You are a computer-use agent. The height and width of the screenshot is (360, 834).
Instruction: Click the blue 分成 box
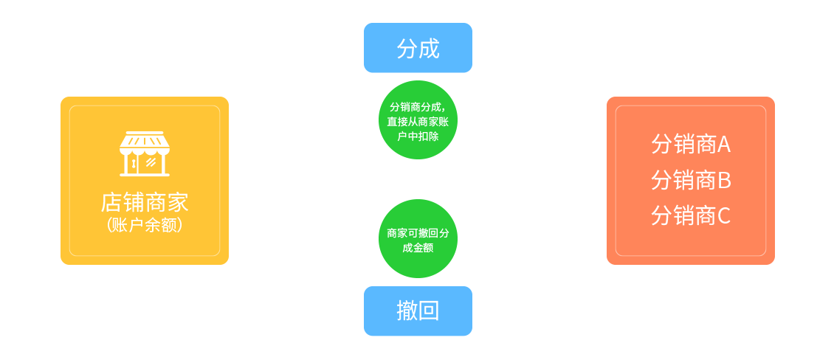[x=418, y=48]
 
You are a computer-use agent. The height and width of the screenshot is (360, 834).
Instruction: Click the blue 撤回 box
[x=418, y=311]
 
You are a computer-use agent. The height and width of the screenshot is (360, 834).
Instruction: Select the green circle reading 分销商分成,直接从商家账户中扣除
[x=418, y=120]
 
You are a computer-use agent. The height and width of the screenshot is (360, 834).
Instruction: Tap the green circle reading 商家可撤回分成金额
[x=418, y=239]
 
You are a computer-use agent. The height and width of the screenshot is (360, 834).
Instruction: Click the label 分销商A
[x=690, y=145]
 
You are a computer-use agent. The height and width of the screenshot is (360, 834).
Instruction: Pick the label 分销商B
[x=690, y=180]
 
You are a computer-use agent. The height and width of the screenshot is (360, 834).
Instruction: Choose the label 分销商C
[x=690, y=215]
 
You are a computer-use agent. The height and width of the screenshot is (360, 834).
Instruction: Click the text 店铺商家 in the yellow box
[x=145, y=203]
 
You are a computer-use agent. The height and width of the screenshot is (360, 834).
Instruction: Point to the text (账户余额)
[x=145, y=225]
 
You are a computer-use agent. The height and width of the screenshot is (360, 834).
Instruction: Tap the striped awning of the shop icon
[x=145, y=141]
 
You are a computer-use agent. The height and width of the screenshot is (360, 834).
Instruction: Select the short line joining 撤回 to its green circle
[x=418, y=282]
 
